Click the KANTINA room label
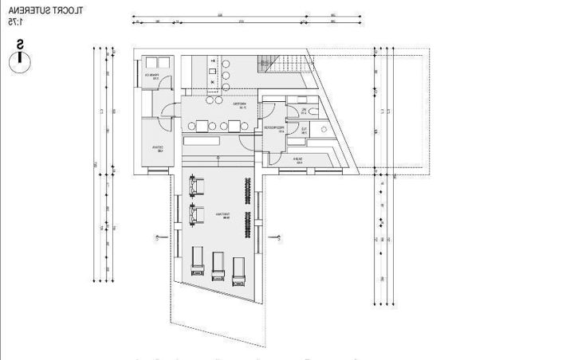pyautogui.click(x=238, y=104)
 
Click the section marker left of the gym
pyautogui.click(x=159, y=237)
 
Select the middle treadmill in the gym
pyautogui.click(x=218, y=264)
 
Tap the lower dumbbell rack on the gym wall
pyautogui.click(x=248, y=225)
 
